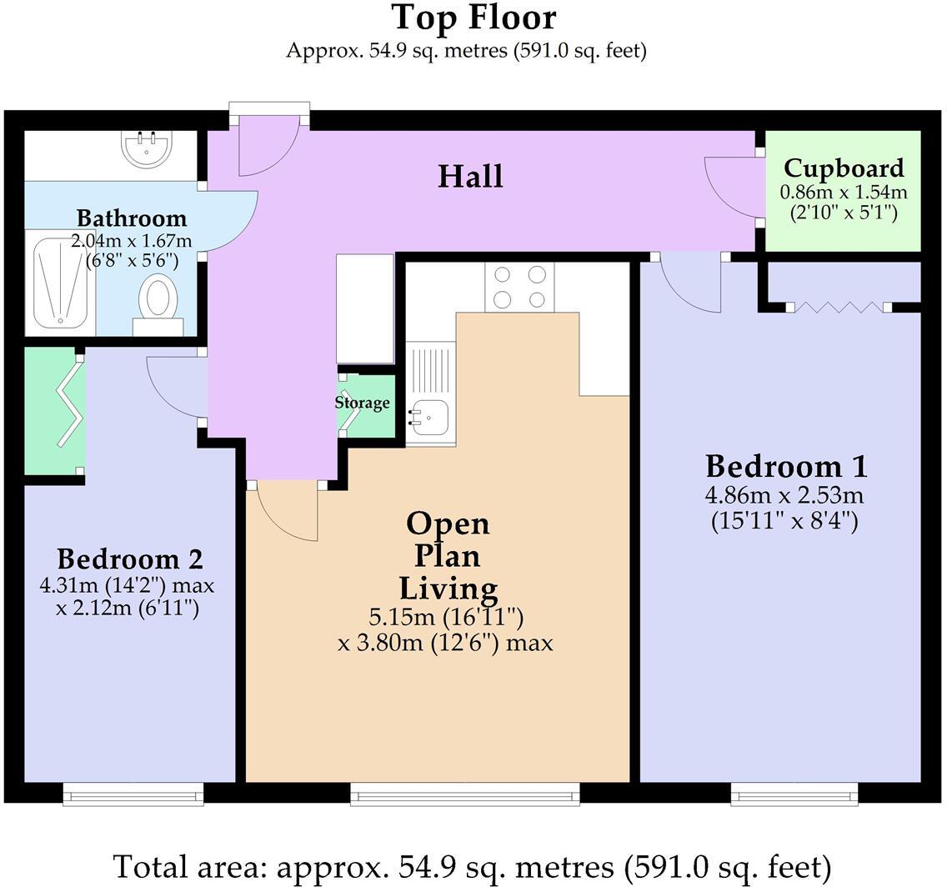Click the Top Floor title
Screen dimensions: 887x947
[473, 18]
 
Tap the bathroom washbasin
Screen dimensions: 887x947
[147, 149]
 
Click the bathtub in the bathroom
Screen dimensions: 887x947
[60, 283]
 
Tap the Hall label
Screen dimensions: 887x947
[471, 177]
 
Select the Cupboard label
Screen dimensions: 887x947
[843, 168]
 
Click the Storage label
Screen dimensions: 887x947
[362, 403]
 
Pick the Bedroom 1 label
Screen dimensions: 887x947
[785, 465]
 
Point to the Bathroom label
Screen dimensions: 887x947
[131, 218]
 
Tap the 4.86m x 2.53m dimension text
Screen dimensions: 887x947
[784, 496]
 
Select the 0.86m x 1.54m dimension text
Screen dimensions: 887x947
[843, 193]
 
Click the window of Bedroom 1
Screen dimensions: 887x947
[794, 794]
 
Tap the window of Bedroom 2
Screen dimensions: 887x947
[133, 794]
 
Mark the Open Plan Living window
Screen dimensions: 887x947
[464, 794]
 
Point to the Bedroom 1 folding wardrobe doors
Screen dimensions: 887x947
[838, 308]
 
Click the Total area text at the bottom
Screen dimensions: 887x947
[473, 866]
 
